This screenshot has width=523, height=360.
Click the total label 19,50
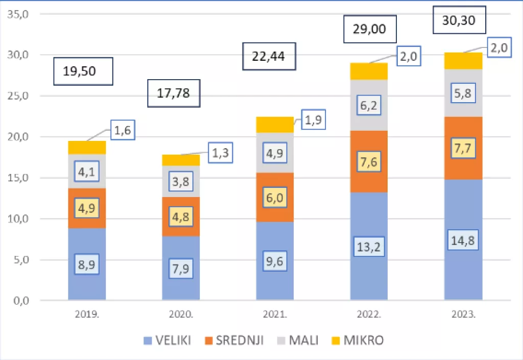(x=83, y=71)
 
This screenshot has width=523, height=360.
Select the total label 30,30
(x=459, y=20)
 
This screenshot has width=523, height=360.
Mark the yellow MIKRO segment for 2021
(x=275, y=124)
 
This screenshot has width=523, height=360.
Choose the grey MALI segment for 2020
(x=181, y=189)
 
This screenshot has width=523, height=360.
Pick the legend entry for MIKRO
(x=361, y=340)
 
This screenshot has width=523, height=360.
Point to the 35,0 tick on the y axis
(x=18, y=14)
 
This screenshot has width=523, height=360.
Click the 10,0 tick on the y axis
(x=18, y=219)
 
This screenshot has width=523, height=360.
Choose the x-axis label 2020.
(x=181, y=315)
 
